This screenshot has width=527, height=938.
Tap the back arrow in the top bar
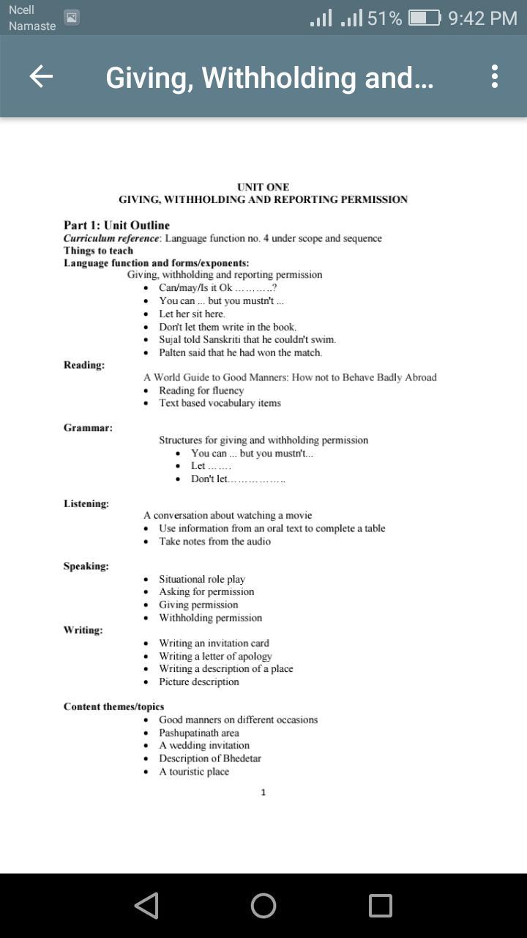click(41, 76)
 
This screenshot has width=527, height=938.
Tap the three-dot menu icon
click(495, 76)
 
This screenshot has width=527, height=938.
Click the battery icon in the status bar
click(424, 18)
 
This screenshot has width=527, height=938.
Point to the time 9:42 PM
click(482, 18)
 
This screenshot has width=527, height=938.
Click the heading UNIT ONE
click(263, 187)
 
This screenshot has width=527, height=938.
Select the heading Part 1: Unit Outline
click(116, 225)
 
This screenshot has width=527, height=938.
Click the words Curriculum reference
click(111, 238)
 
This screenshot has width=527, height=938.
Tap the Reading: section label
click(83, 365)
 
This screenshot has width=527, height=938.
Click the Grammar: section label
click(88, 427)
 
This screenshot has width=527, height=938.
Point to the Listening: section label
click(86, 503)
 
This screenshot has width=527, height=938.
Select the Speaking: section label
click(86, 566)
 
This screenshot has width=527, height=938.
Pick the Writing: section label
click(83, 629)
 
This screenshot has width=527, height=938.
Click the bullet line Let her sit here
click(192, 314)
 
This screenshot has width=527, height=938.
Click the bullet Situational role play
click(202, 579)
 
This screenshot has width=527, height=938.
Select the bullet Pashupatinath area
click(199, 733)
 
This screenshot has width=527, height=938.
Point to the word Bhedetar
click(238, 758)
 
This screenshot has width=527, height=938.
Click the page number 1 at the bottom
click(263, 792)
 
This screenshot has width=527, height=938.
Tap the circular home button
click(263, 906)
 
